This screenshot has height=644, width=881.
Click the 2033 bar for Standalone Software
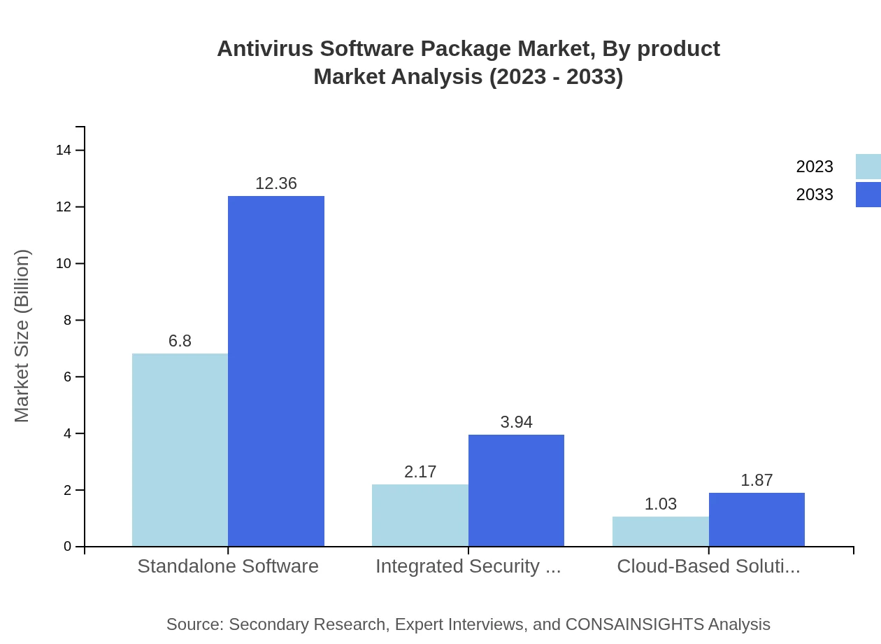[276, 371]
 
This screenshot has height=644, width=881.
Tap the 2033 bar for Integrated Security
[516, 490]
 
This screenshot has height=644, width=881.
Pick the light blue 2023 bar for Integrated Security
[420, 515]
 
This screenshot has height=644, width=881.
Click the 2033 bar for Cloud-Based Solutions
[757, 519]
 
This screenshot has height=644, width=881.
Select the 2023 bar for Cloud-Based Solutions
[661, 531]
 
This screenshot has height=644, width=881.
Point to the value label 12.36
[276, 183]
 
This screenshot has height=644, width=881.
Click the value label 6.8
[180, 341]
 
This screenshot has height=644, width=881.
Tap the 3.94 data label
[516, 422]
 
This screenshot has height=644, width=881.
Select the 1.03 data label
[661, 504]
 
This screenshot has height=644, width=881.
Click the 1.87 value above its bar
[757, 480]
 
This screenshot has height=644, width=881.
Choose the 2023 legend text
[815, 167]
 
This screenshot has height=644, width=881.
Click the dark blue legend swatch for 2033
[868, 195]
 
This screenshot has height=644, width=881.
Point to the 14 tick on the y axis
[64, 150]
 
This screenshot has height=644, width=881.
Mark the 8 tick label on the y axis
[67, 321]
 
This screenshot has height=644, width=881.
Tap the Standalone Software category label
[228, 566]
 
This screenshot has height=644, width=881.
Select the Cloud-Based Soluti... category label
[708, 566]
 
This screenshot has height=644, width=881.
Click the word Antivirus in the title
[264, 49]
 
